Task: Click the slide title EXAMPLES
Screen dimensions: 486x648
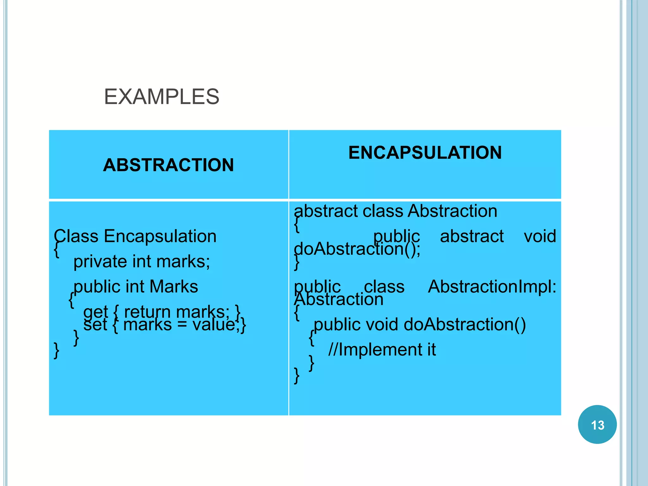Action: pyautogui.click(x=161, y=97)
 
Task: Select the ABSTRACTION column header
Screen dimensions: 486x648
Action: pyautogui.click(x=168, y=165)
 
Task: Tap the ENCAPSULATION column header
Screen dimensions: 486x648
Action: pyautogui.click(x=425, y=153)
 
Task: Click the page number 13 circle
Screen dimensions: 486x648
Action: pyautogui.click(x=597, y=425)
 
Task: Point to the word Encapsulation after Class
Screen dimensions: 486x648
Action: pyautogui.click(x=160, y=236)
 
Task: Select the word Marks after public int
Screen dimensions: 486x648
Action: pyautogui.click(x=173, y=287)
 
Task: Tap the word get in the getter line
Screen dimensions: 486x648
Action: pyautogui.click(x=95, y=313)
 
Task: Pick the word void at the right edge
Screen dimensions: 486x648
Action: pyautogui.click(x=540, y=236)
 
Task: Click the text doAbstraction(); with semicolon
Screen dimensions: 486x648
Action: pyautogui.click(x=357, y=249)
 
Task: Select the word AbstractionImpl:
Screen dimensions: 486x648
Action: pyautogui.click(x=492, y=287)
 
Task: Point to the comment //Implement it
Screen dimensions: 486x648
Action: pyautogui.click(x=382, y=350)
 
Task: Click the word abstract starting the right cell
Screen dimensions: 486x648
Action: pyautogui.click(x=325, y=211)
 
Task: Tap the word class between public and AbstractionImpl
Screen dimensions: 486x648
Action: pyautogui.click(x=384, y=287)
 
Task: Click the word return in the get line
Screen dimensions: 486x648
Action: pyautogui.click(x=148, y=312)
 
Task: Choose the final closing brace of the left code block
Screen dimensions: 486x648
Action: pyautogui.click(x=56, y=351)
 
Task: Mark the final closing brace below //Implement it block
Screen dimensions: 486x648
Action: pyautogui.click(x=296, y=376)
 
